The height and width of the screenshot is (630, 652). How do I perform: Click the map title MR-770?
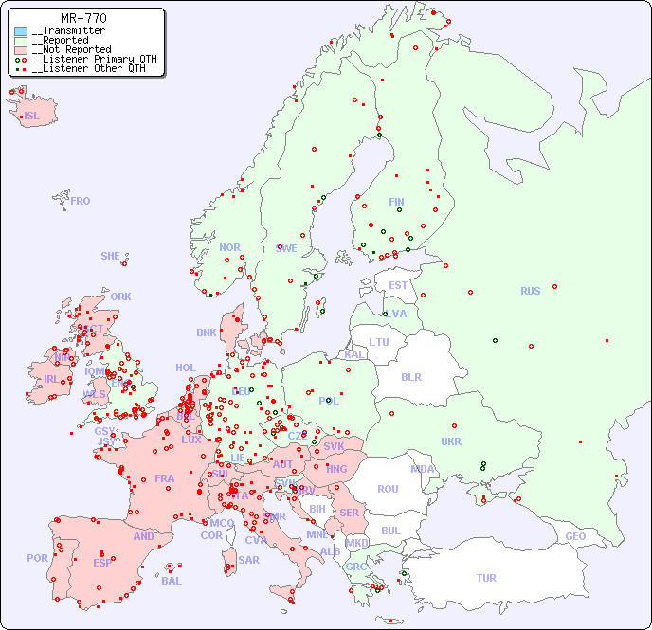83,18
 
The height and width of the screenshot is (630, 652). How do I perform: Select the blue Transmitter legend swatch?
21,31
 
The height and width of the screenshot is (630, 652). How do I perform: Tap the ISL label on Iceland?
32,117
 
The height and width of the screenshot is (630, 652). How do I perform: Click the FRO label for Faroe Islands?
81,201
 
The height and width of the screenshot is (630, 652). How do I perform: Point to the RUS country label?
530,291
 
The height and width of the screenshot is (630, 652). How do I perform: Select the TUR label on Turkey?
486,578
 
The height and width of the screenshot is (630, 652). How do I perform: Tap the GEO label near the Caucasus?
575,536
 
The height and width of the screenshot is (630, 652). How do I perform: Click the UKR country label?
451,441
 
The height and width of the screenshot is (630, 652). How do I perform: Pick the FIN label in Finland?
396,202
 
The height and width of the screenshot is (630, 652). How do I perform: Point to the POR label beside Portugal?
37,558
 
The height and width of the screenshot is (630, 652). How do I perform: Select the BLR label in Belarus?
410,377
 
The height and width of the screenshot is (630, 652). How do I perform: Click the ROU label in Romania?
388,489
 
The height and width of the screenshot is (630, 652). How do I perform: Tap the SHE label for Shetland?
111,256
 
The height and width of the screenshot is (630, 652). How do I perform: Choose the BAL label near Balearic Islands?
172,581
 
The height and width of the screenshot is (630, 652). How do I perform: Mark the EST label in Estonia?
399,285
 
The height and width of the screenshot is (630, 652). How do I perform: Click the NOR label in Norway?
229,247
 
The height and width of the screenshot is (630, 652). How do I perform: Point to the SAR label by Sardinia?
248,560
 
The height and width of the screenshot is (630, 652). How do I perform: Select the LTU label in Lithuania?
379,342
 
